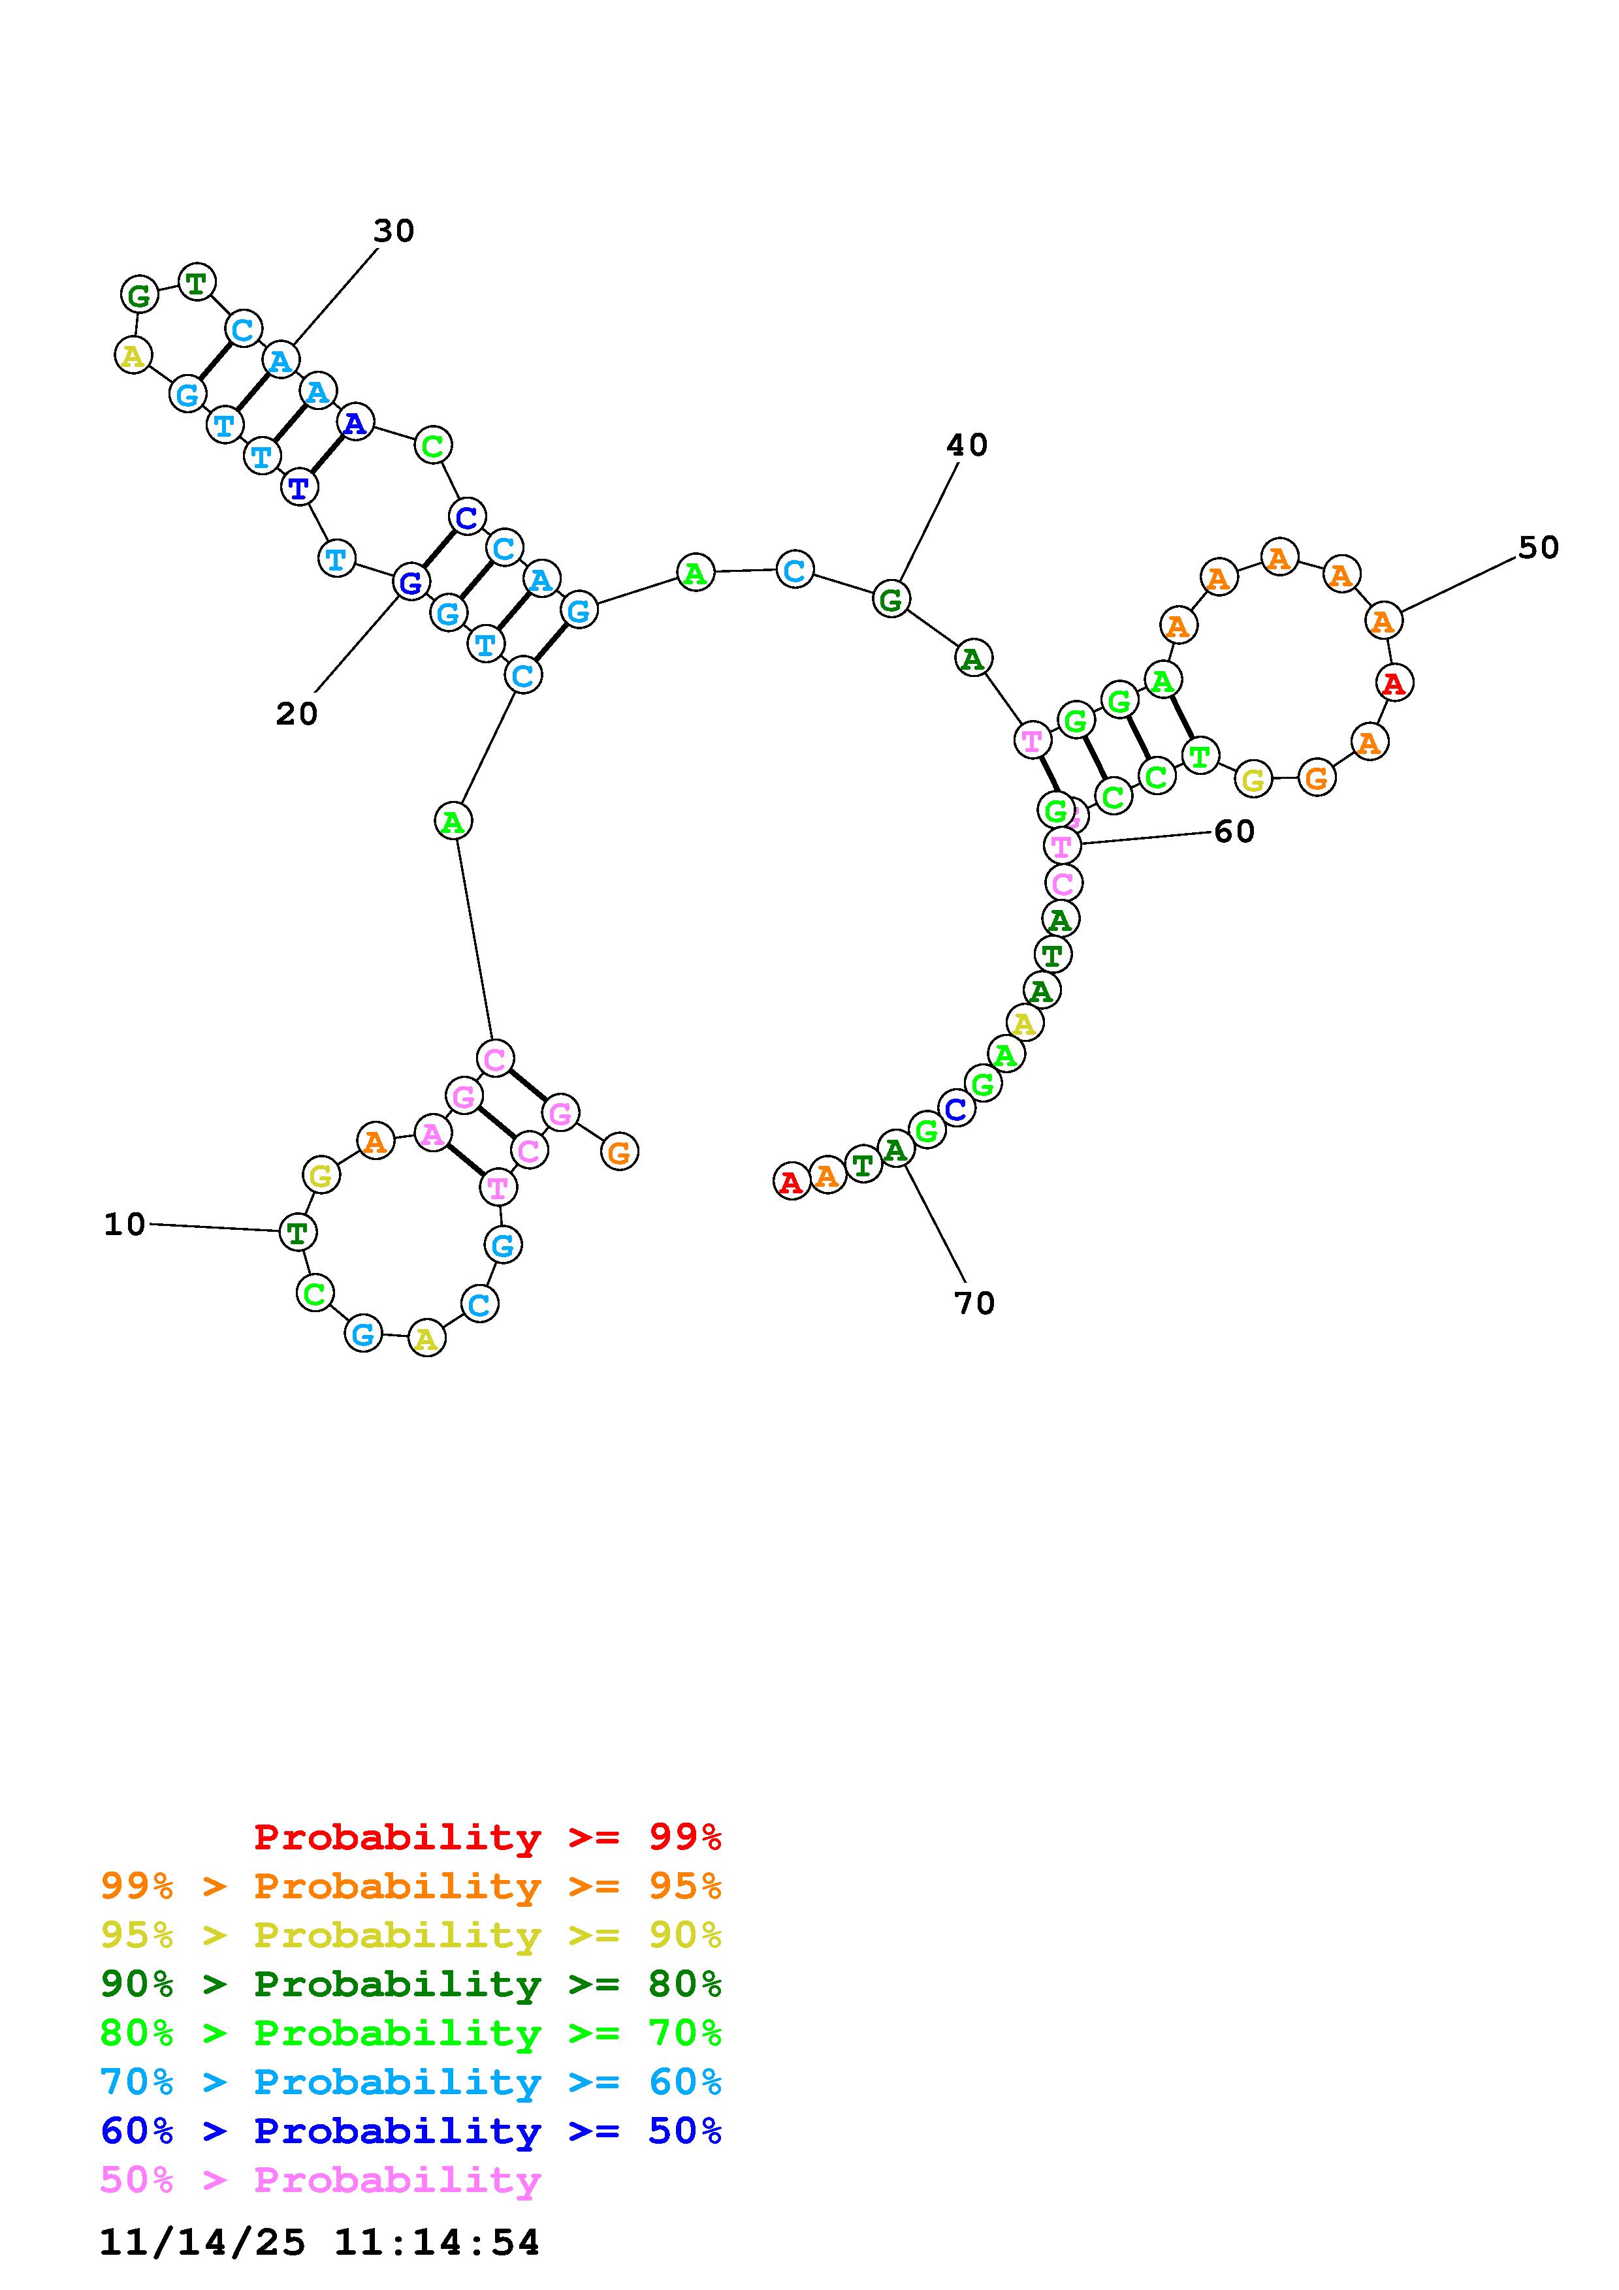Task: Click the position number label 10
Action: (x=125, y=1224)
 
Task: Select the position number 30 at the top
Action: (x=394, y=230)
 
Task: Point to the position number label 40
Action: (x=967, y=445)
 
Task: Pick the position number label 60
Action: (x=1234, y=831)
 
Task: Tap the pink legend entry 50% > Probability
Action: (x=320, y=2179)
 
